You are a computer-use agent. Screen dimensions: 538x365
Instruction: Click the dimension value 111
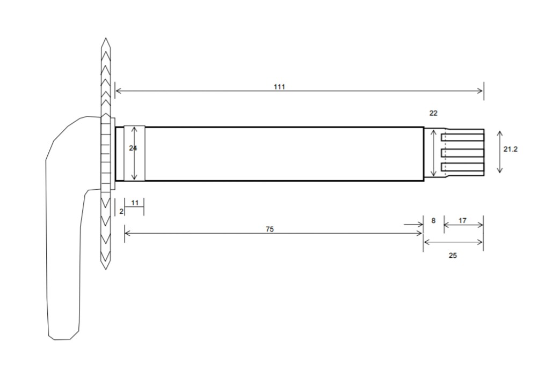coord(279,87)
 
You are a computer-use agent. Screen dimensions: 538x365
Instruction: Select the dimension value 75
coord(270,229)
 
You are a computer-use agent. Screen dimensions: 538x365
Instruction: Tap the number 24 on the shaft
coord(133,148)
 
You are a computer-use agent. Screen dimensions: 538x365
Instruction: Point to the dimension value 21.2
coord(510,149)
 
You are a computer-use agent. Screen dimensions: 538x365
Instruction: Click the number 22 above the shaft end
coord(433,113)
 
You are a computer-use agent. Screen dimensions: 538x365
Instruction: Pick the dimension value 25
coord(453,256)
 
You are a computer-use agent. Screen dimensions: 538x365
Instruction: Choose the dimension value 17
coord(462,220)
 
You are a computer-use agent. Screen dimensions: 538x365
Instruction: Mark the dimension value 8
coord(433,221)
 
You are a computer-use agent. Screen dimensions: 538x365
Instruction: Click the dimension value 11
coord(134,203)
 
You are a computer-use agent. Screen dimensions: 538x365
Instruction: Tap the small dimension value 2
coord(121,212)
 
